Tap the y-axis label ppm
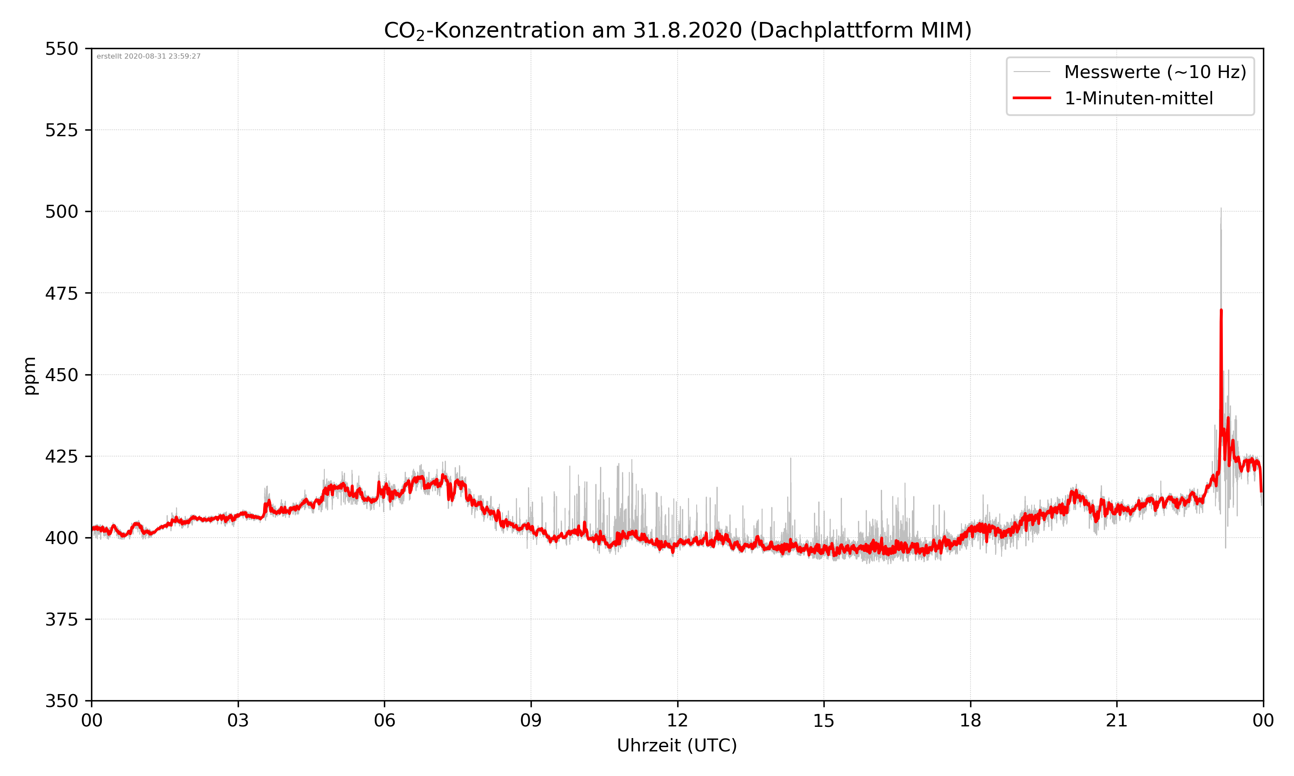tap(30, 375)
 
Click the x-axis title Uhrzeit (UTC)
tap(677, 745)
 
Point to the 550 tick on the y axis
tap(61, 49)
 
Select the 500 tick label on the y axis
tap(61, 212)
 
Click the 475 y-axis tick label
tap(61, 293)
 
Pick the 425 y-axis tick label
tap(61, 457)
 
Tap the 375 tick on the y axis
tap(61, 620)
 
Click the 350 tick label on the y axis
tap(61, 701)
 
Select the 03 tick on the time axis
tap(238, 720)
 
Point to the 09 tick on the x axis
tap(531, 720)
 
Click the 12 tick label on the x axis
tap(677, 720)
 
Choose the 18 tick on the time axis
tap(970, 720)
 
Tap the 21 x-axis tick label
tap(1117, 720)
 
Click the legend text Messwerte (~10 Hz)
tap(1155, 72)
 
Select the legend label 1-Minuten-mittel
tap(1139, 98)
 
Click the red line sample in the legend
tap(1031, 98)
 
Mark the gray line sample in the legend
tap(1031, 72)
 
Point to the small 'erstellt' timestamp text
tap(148, 56)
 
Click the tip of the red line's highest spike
tap(1221, 310)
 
